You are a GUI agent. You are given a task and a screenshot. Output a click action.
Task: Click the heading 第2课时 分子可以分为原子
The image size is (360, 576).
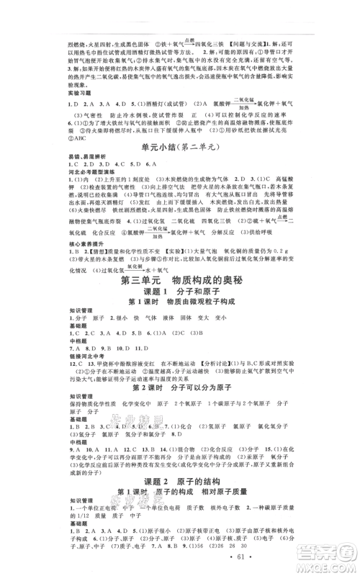(179, 386)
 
